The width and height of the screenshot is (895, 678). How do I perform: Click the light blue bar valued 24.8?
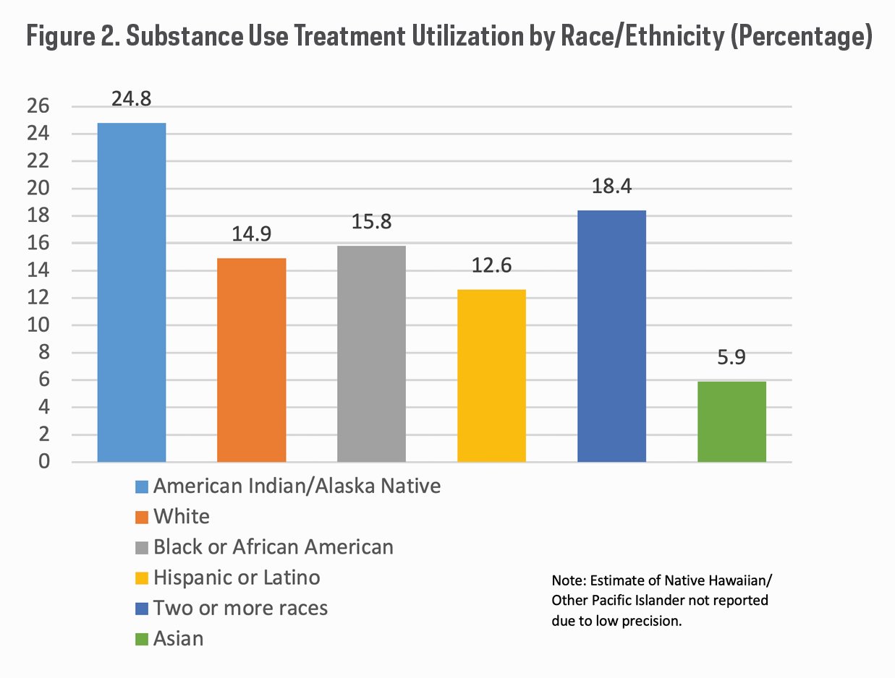pos(132,292)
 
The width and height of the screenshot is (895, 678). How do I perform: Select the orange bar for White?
pos(252,360)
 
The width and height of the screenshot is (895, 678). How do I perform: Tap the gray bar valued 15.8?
pos(371,353)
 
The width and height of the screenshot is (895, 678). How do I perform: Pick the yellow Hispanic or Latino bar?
pos(491,375)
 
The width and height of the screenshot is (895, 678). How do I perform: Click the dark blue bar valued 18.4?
pos(611,336)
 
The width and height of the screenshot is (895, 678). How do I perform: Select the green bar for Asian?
pos(731,421)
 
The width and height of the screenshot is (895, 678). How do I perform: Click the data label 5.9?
pos(731,358)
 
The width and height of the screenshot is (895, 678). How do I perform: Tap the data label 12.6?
pos(491,266)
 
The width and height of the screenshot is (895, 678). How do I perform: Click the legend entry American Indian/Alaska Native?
pos(297,486)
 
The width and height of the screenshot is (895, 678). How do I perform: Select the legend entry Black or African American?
pos(273,547)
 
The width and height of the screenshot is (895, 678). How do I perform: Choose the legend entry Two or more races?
pos(240,608)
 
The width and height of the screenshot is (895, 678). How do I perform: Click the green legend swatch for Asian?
pos(143,639)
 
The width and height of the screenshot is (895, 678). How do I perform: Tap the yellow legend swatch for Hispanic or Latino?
pos(143,578)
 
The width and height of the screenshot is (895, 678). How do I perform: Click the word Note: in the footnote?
pos(570,581)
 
